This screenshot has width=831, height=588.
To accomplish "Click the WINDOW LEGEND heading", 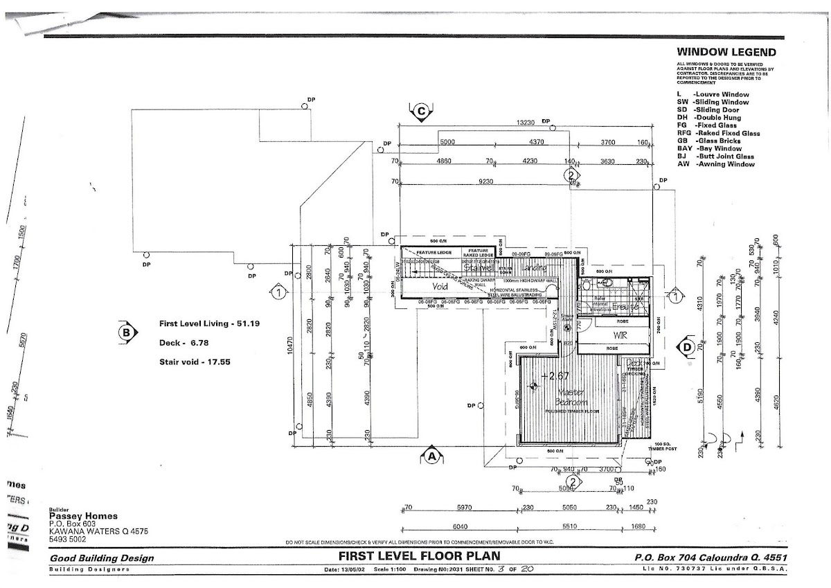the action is [726, 52].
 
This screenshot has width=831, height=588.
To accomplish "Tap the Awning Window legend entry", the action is [716, 164].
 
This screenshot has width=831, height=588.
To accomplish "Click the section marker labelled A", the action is [431, 456].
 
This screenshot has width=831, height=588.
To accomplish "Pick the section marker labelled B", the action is [126, 332].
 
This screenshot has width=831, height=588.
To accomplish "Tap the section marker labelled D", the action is [687, 346].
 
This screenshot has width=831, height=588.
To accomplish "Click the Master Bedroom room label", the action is [571, 398].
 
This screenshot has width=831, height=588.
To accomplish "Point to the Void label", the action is [440, 285].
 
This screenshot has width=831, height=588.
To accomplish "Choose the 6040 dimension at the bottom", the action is [461, 526].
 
